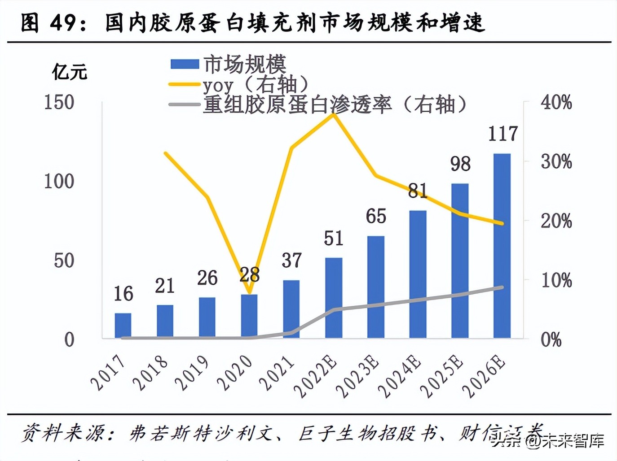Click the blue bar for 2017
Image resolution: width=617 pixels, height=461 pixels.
click(123, 325)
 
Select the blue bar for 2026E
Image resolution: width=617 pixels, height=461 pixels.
click(502, 246)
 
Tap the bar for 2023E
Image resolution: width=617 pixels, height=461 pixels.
click(376, 287)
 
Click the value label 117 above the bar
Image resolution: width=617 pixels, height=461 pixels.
click(503, 134)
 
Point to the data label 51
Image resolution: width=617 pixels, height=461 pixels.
click(334, 238)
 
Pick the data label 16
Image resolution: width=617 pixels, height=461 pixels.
click(123, 294)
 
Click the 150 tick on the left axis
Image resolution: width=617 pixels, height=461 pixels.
click(59, 102)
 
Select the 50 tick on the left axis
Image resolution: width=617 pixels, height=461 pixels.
click(64, 261)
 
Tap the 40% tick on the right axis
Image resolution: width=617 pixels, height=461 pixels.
click(556, 102)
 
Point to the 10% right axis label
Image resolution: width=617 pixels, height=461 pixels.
click(556, 280)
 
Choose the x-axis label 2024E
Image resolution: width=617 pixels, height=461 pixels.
click(400, 376)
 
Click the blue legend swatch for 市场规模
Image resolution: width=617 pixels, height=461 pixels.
click(185, 64)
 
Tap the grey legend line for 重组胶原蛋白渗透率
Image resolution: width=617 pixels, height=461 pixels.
click(184, 105)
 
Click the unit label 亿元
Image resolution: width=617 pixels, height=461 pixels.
click(70, 72)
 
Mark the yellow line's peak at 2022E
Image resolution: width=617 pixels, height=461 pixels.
click(334, 115)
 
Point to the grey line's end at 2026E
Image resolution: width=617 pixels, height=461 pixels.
click(502, 287)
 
